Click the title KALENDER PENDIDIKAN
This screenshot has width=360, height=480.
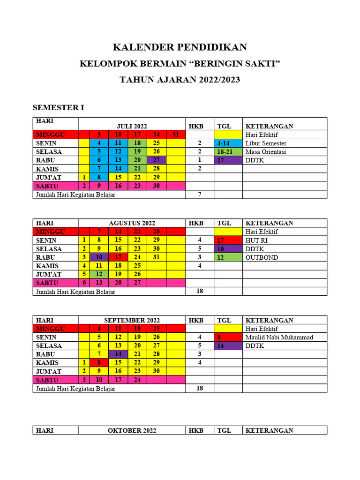180,47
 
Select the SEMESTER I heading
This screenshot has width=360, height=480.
58,108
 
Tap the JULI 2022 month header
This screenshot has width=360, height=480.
132,126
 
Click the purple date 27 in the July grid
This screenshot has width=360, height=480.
157,160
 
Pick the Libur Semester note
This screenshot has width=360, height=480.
266,143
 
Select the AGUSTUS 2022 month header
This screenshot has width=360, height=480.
132,223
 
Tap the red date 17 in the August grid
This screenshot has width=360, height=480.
118,257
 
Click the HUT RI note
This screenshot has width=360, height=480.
256,240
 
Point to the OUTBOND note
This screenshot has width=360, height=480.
262,257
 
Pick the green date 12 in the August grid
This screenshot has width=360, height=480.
99,274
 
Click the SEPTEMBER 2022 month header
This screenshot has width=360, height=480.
132,320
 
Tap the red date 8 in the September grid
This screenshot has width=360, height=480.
99,362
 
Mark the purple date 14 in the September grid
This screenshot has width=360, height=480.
118,354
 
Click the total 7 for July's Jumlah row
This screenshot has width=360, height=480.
200,194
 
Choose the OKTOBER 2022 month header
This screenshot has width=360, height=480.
132,430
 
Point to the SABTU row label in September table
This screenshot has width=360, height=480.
46,379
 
